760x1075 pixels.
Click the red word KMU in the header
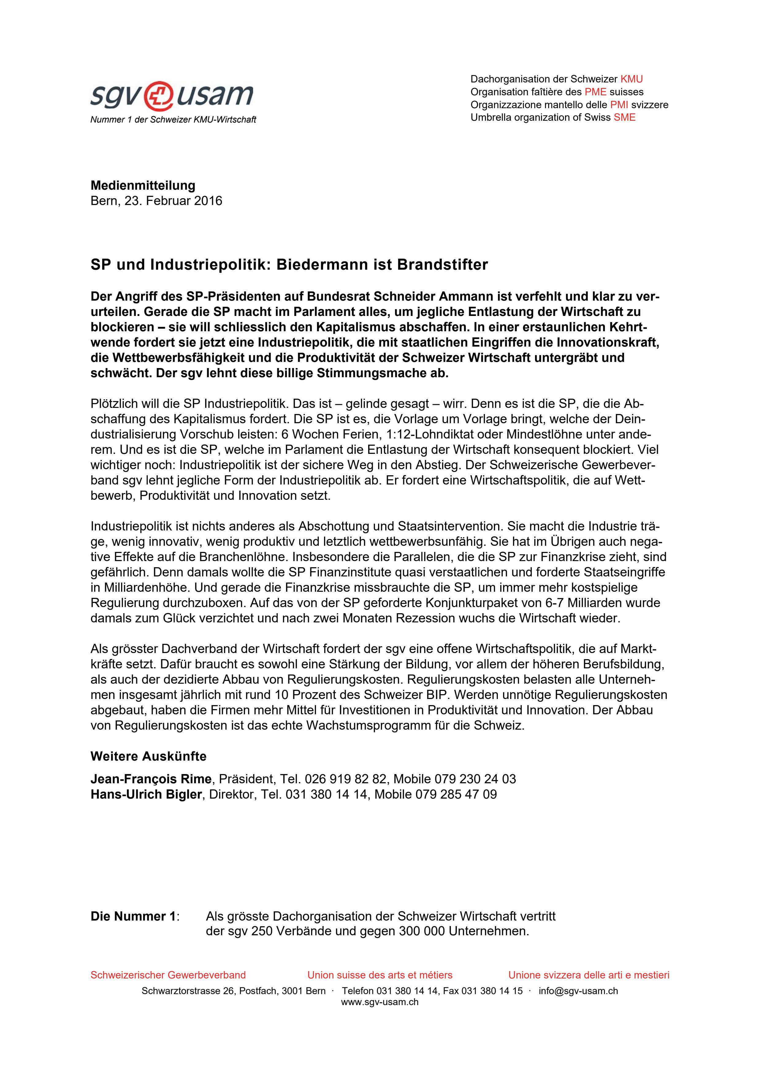click(632, 79)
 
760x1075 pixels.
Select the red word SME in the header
click(625, 117)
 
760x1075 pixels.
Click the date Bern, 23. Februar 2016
click(156, 201)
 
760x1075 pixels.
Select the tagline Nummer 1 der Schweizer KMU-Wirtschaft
click(173, 120)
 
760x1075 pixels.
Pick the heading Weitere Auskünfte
click(148, 756)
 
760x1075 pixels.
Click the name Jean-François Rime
click(151, 779)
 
